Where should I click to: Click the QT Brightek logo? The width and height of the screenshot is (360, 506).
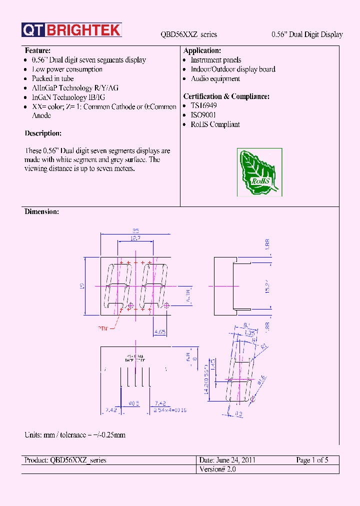pos(71,30)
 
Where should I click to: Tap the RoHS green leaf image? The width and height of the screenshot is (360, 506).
pos(259,172)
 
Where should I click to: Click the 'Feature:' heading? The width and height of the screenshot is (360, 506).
pos(37,51)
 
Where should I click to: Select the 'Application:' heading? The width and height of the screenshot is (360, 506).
pos(202,51)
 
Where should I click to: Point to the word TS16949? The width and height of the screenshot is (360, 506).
pos(203,106)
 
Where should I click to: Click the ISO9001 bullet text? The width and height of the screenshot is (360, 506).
pos(203,115)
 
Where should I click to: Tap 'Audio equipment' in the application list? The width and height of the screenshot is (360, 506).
pos(215,79)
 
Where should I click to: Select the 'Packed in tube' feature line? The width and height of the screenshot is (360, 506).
pos(52,78)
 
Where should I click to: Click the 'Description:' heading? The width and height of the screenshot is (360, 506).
pos(43,133)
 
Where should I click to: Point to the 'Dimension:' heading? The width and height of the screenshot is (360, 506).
pos(41,212)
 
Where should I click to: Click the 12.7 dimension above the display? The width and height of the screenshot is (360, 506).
pos(135,239)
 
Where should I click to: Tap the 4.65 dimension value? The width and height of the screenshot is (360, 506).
pos(160,331)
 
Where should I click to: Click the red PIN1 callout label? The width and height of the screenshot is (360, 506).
pos(103,328)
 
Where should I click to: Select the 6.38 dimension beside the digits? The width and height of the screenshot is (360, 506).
pos(187,295)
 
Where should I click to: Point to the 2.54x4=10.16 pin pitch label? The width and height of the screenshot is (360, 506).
pos(169,410)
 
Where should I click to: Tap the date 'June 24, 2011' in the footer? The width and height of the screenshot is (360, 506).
pos(227,460)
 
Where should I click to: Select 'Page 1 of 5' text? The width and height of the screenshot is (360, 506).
pos(312,460)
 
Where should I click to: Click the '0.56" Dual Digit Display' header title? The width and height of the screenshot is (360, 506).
pos(307,34)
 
